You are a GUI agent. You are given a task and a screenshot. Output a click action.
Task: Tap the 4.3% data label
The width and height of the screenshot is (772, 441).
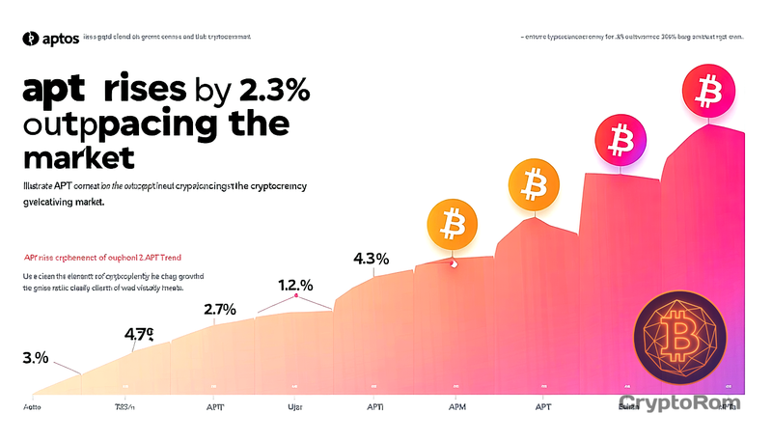tap(371, 259)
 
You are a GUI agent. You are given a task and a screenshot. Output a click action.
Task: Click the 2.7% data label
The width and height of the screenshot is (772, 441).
tap(220, 310)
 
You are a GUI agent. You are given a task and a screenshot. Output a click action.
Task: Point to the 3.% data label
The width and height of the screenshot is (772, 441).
tap(35, 358)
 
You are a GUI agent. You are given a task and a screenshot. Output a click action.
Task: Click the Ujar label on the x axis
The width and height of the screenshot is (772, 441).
tap(296, 408)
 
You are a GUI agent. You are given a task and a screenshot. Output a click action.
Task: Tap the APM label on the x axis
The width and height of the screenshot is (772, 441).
tap(458, 408)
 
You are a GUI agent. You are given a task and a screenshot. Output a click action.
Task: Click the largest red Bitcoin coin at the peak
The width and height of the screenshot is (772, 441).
tap(709, 91)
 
